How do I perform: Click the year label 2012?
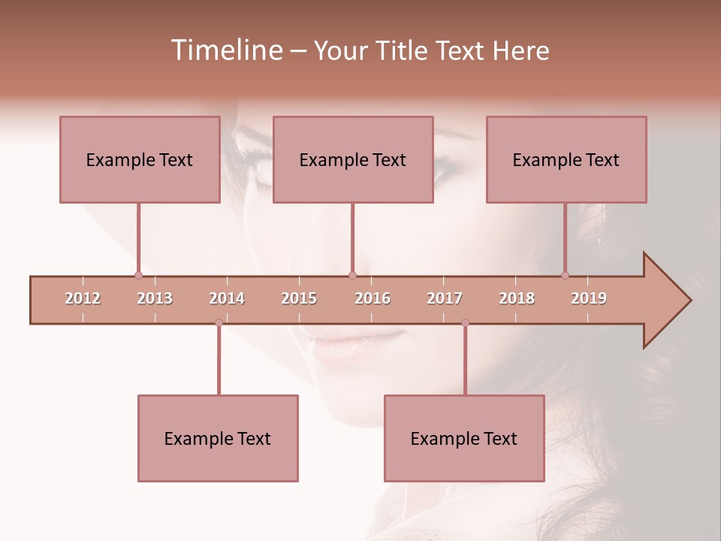pos(83,298)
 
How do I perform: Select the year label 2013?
pos(155,298)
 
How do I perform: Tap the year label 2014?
pos(227,298)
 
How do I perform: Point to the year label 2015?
pos(299,298)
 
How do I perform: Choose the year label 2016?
pos(373,298)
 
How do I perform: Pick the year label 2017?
pos(445,298)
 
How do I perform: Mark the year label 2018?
pos(517,298)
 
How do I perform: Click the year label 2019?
pos(589,298)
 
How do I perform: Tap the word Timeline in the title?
pos(225,50)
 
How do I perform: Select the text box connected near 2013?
pos(140,159)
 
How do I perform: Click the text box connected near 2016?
pos(353,159)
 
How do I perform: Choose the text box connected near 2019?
pos(566,159)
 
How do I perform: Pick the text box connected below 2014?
pos(218,438)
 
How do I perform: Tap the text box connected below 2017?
pos(464,438)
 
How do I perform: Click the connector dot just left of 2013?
pos(138,275)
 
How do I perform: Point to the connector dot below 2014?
pos(219,322)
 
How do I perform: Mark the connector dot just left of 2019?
pos(566,275)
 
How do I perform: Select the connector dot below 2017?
pos(465,322)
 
